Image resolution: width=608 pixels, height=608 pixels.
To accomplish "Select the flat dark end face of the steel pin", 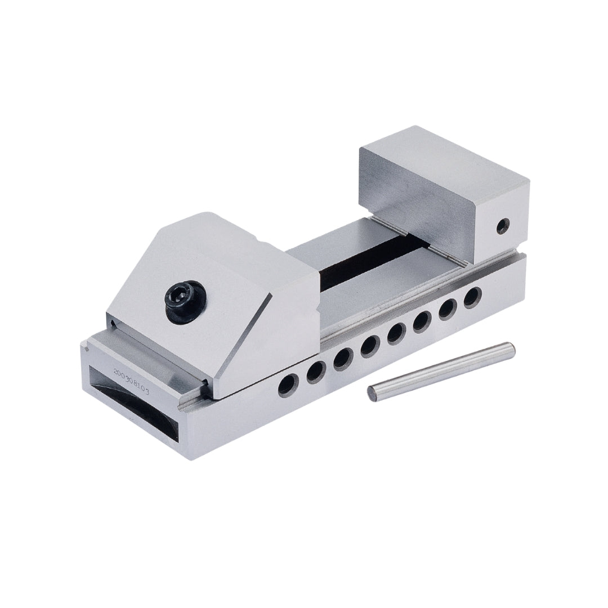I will click(x=373, y=392).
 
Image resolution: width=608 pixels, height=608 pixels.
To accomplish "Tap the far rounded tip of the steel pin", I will click(x=511, y=348).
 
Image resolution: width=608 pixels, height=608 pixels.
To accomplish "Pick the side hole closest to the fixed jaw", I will click(x=472, y=296).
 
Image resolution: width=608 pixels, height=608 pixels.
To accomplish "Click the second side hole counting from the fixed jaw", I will click(x=448, y=309).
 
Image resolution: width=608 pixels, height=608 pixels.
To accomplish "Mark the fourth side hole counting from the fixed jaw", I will click(x=395, y=333).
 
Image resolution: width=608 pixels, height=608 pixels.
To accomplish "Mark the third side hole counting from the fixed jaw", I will click(x=422, y=321).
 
